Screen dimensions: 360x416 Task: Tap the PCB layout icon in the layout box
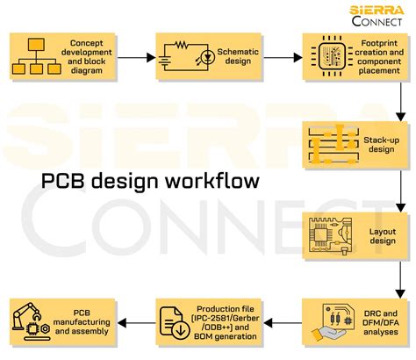(x=328, y=234)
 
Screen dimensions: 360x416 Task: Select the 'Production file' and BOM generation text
(x=228, y=322)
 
